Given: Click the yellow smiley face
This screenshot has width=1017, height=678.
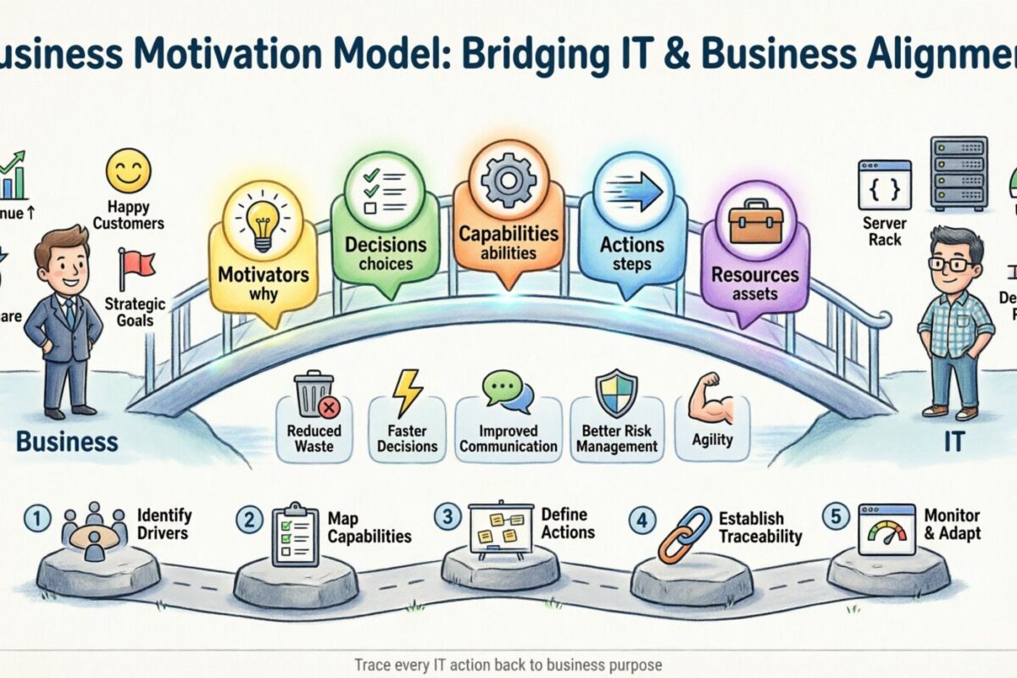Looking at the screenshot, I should tap(128, 170).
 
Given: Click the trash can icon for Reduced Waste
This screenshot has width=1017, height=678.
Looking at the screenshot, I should tap(314, 396).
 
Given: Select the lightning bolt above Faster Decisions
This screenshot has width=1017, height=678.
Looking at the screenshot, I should tap(406, 393).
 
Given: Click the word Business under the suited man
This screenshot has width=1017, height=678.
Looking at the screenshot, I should tap(67, 442).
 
